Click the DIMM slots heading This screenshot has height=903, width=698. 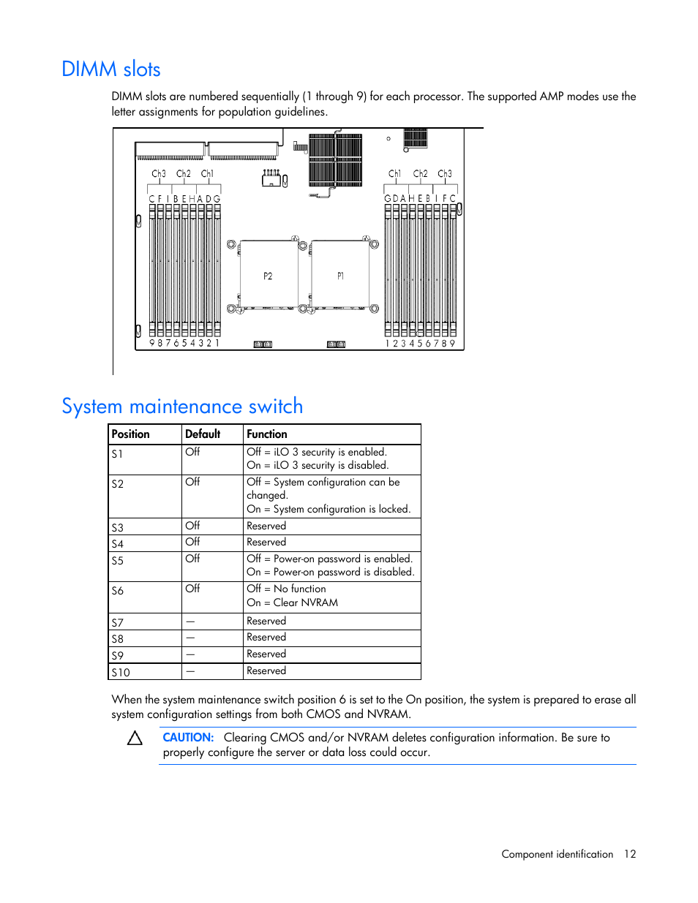tap(111, 69)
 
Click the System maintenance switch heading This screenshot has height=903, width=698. tap(182, 407)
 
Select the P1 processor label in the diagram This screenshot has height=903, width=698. tap(340, 276)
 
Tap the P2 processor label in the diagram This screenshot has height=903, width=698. tap(268, 276)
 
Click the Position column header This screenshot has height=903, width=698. tap(130, 434)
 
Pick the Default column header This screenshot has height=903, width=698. tap(203, 434)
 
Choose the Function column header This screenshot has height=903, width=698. tap(267, 434)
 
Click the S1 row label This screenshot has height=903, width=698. tap(117, 454)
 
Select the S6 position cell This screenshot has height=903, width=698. tap(117, 591)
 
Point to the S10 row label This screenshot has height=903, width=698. tap(120, 673)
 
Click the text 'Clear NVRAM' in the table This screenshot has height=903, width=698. tap(306, 603)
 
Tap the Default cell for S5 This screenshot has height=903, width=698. tap(192, 559)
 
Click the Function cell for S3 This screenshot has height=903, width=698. tap(266, 526)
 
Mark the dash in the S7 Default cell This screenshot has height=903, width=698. tap(190, 622)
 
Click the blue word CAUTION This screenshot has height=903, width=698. tap(188, 738)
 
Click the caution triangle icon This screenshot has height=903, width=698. tap(135, 738)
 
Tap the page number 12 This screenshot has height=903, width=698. tap(630, 854)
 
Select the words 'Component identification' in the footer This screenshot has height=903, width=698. tap(557, 854)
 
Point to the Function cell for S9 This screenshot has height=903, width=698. tap(266, 654)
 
